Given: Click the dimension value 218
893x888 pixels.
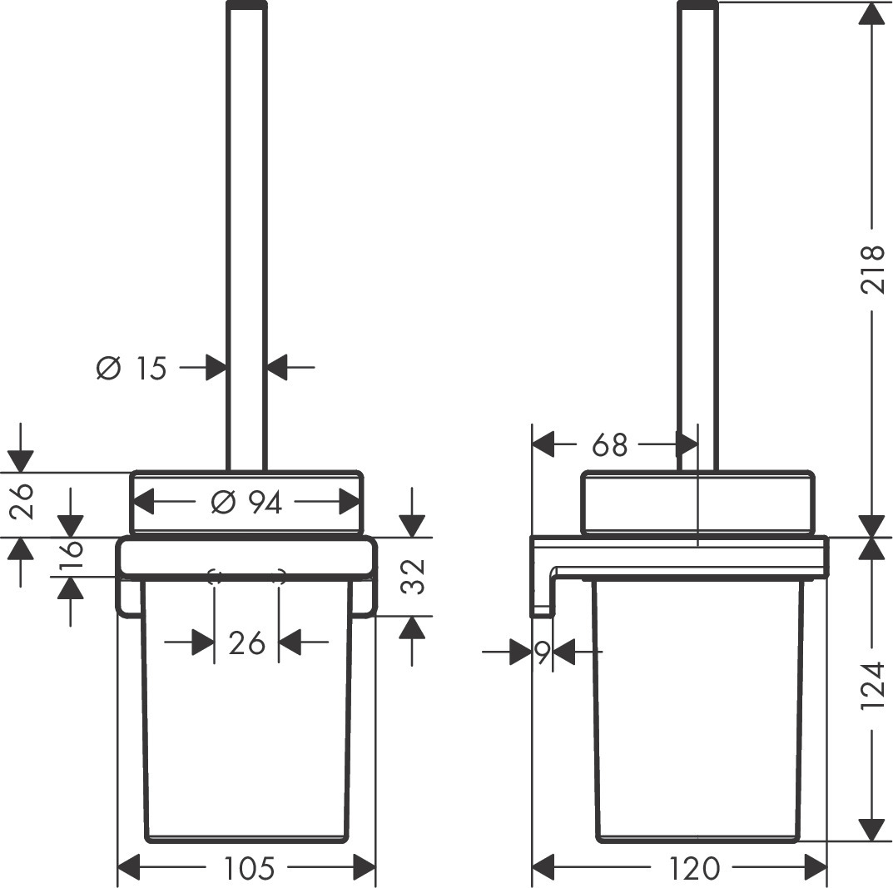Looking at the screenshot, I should [x=871, y=269].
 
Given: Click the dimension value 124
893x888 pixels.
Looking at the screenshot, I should [x=871, y=686].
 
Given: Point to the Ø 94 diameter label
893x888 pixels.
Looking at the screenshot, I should [x=247, y=503].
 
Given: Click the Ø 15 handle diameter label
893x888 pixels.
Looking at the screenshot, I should [x=131, y=367].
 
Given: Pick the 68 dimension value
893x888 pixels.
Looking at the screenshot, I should [x=609, y=445].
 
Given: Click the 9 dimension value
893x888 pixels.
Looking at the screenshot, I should [x=542, y=653].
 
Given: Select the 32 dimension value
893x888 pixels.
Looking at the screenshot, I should [x=413, y=576].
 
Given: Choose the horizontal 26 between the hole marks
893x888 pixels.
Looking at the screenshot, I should [x=246, y=642].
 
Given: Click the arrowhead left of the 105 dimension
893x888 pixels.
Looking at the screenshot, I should [x=129, y=869].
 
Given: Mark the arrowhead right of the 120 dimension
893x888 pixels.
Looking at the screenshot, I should [x=816, y=869].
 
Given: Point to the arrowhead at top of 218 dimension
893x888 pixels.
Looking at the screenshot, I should [x=871, y=13].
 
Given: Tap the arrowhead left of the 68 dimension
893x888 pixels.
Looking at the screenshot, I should [x=543, y=445].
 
